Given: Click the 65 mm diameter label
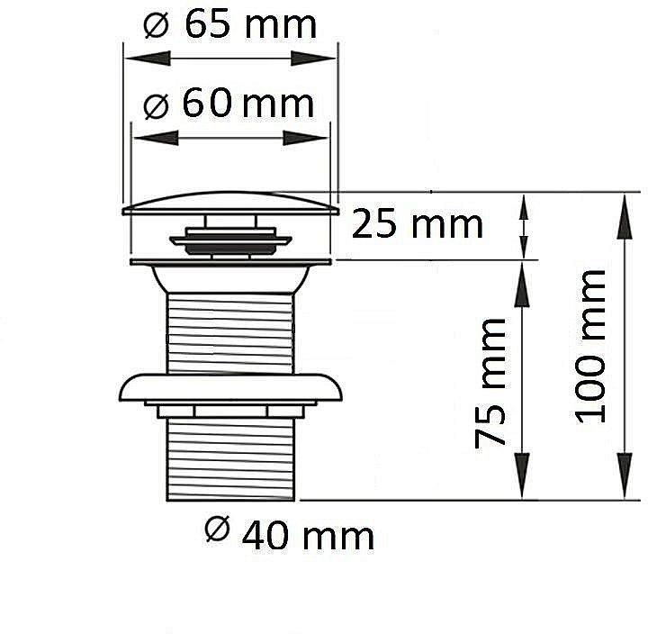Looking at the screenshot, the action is [x=230, y=24].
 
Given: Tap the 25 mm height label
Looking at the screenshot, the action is [x=417, y=224].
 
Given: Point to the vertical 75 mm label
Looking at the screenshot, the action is [x=490, y=384].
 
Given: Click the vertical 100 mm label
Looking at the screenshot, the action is [x=591, y=347].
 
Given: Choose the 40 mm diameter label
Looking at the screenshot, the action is [x=290, y=535].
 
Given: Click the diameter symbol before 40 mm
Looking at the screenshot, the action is [x=218, y=529].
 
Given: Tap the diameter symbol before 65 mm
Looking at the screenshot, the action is [x=157, y=25].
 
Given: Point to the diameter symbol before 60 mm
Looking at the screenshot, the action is [x=157, y=106].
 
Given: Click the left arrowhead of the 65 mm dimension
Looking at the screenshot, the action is [x=147, y=59].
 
